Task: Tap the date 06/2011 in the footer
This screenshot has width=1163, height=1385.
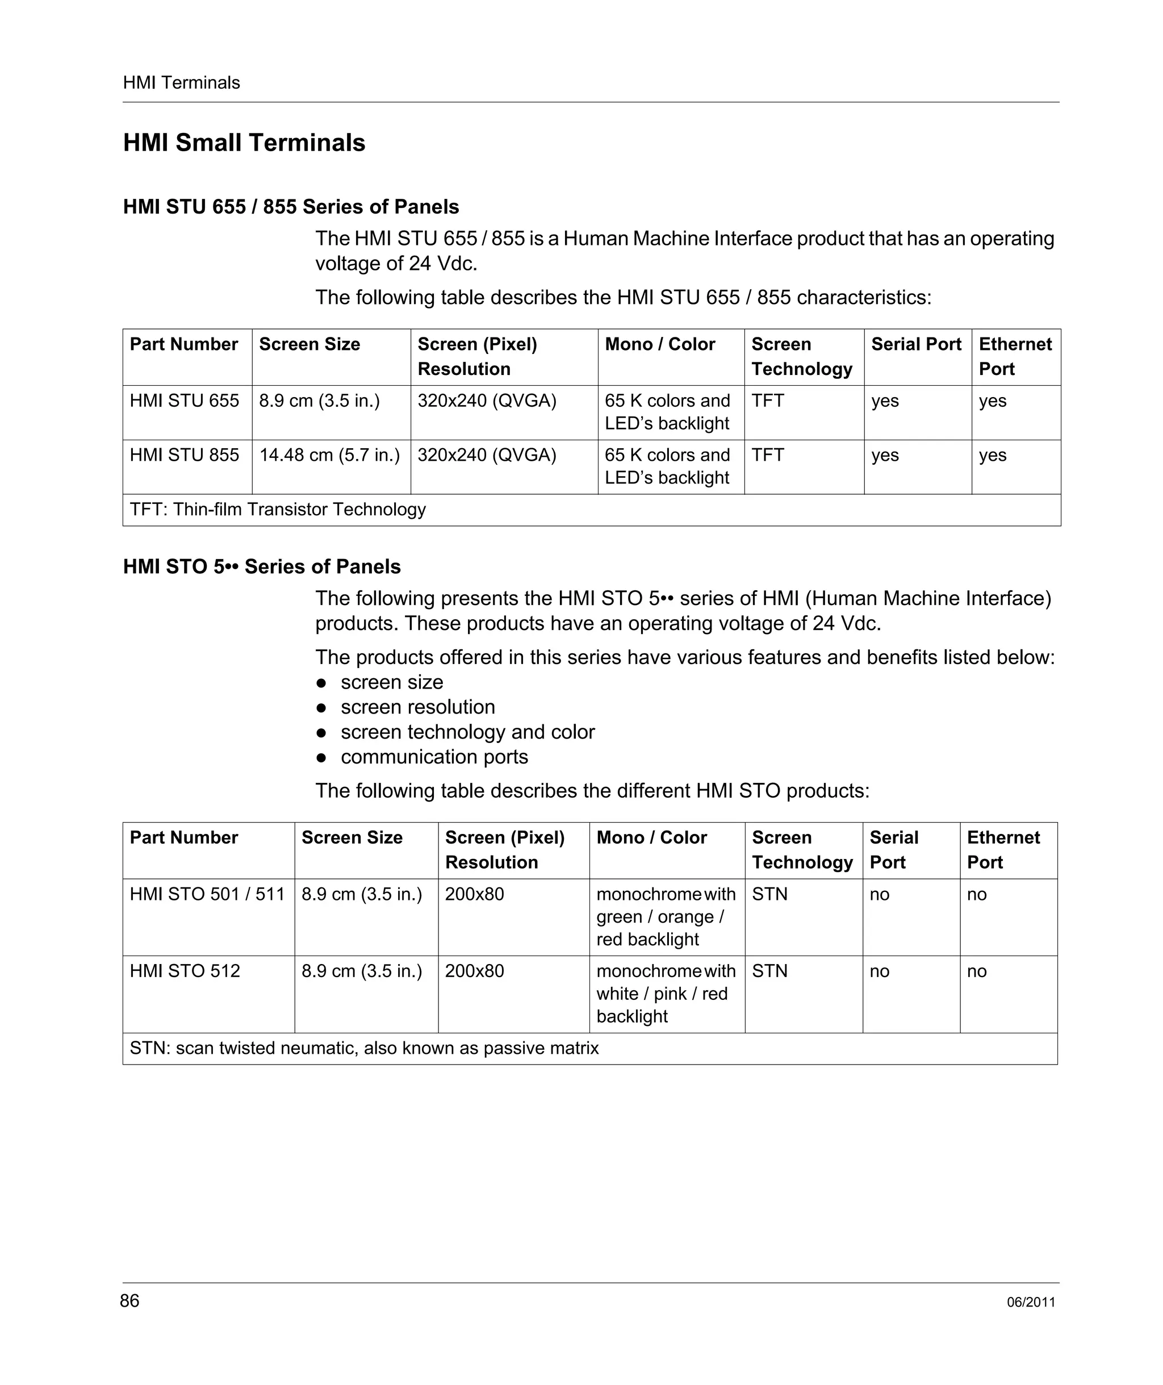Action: [1031, 1303]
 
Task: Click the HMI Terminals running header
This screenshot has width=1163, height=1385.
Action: [181, 82]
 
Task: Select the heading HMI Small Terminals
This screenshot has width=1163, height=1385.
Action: [244, 143]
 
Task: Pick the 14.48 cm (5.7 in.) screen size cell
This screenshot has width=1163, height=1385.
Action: [329, 455]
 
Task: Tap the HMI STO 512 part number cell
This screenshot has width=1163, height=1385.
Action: [185, 971]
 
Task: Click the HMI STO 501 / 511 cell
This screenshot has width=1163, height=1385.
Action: [207, 894]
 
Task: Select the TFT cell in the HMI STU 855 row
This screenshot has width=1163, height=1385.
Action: [767, 455]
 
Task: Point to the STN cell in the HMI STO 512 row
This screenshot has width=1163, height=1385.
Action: [769, 971]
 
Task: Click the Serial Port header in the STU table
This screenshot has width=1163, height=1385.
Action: [916, 344]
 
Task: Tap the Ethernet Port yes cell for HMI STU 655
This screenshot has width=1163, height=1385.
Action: [992, 401]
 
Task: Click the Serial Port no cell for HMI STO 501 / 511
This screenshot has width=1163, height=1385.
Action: [879, 895]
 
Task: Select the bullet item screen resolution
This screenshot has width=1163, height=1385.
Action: [417, 707]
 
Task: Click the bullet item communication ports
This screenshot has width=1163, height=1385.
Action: [434, 757]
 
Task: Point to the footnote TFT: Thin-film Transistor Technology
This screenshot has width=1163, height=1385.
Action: [278, 509]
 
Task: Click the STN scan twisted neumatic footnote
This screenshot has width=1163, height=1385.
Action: [364, 1048]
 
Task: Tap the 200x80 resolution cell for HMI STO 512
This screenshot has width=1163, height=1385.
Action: [474, 971]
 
